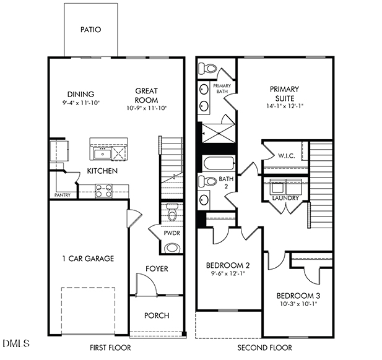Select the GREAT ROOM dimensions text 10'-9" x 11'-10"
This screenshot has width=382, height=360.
click(x=147, y=108)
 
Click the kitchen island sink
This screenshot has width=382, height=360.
click(x=100, y=152)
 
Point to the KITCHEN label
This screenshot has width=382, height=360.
click(x=102, y=171)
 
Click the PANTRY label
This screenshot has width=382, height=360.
click(x=63, y=195)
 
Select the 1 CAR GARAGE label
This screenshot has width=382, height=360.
click(x=87, y=259)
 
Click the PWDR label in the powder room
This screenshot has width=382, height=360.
click(x=171, y=234)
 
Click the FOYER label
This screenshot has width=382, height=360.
click(x=157, y=269)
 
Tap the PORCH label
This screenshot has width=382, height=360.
click(x=157, y=315)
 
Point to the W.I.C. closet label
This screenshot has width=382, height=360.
click(x=286, y=156)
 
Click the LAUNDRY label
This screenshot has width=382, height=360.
click(x=285, y=199)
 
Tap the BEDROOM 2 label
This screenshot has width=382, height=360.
click(x=227, y=266)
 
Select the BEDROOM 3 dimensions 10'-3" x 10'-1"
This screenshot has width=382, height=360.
click(x=298, y=303)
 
